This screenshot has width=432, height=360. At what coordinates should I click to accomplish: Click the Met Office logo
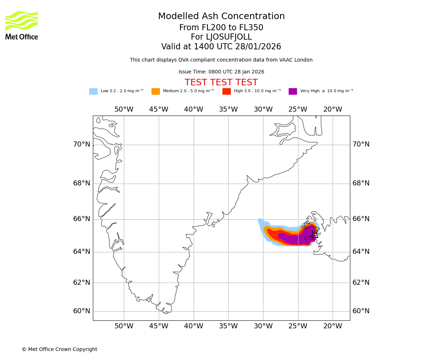22,25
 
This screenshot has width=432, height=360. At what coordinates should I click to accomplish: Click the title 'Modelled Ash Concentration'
221,17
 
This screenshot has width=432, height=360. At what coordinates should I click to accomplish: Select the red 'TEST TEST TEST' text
221,83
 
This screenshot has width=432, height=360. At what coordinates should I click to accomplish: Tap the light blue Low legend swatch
93,91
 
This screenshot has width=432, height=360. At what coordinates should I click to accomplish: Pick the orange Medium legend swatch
156,91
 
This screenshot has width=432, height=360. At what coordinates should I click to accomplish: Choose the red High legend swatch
226,91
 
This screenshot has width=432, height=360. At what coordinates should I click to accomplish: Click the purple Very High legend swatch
293,91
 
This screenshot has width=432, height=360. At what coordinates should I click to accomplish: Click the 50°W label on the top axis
124,109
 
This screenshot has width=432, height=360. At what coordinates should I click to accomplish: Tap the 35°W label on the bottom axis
228,326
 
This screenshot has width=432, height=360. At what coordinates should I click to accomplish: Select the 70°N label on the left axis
82,144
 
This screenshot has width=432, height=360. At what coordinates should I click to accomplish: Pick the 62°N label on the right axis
361,283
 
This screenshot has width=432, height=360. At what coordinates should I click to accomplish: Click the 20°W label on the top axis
333,109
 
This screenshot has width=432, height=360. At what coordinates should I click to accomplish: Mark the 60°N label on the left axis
82,311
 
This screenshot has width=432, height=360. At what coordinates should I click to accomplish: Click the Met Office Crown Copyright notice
59,350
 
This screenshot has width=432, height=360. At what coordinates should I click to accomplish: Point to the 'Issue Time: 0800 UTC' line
221,72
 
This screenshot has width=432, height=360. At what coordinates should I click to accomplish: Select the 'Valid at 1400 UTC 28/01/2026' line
221,47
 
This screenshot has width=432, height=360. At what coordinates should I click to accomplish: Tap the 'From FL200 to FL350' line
221,28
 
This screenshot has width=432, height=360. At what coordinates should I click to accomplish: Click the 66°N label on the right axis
361,219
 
